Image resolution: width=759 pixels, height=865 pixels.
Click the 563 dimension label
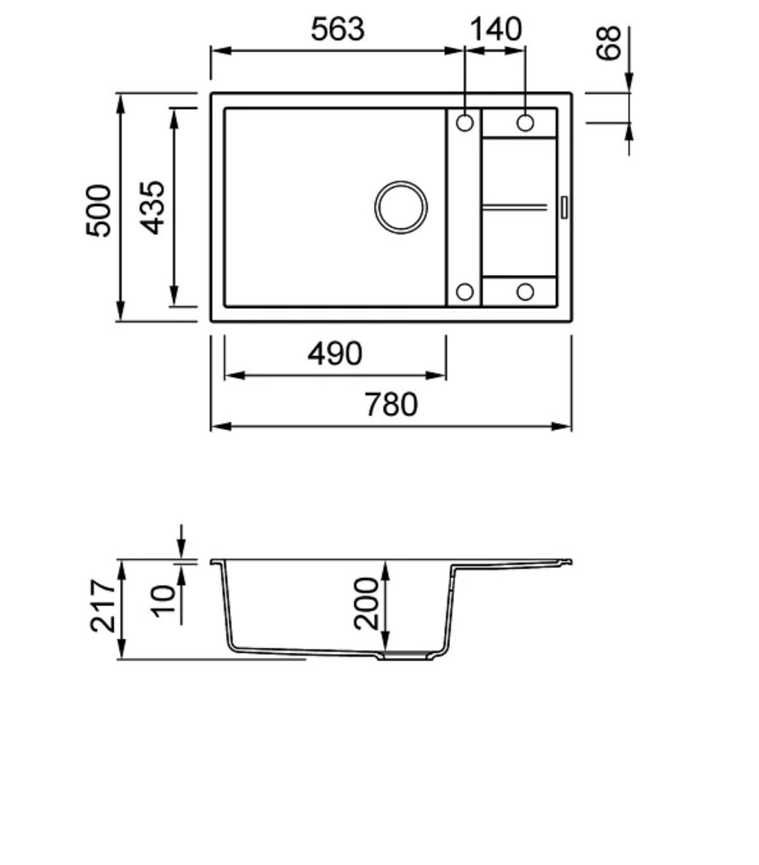coord(337,29)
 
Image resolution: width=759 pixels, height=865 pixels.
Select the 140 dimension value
coord(495,29)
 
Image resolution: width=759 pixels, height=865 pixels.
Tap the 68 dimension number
coord(608,43)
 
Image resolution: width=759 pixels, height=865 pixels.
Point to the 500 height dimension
coord(99,210)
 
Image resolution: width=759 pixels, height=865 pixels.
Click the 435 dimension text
coord(152,208)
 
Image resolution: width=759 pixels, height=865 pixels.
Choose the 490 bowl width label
coord(334,353)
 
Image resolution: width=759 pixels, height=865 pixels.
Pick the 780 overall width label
coord(391,404)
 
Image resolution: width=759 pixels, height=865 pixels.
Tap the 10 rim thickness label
coord(163,601)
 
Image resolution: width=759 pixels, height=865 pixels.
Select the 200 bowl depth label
coord(367,603)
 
